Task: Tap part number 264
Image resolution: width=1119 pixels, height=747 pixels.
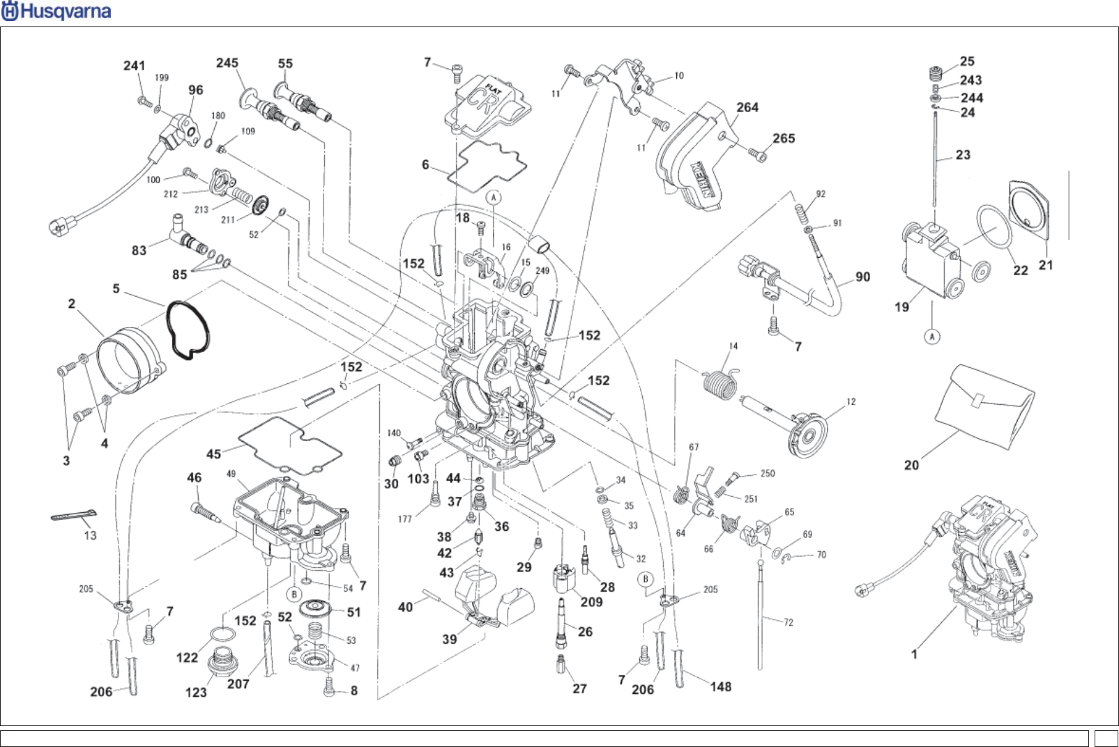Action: (747, 107)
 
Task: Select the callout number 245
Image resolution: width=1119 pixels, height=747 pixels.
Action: (227, 63)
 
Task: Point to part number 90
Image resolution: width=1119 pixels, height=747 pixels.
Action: (862, 277)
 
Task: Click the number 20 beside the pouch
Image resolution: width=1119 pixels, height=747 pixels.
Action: (911, 465)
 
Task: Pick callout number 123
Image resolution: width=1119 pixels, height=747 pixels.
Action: (196, 692)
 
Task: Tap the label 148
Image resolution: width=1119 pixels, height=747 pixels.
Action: (721, 687)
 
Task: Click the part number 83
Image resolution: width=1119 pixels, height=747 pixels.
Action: (139, 249)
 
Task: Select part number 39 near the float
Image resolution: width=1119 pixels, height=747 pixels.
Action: (450, 639)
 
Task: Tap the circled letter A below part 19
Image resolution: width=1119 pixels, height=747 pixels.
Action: (932, 337)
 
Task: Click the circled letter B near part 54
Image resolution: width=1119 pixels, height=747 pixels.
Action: (294, 594)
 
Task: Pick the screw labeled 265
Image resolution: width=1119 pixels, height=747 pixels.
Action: (756, 151)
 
